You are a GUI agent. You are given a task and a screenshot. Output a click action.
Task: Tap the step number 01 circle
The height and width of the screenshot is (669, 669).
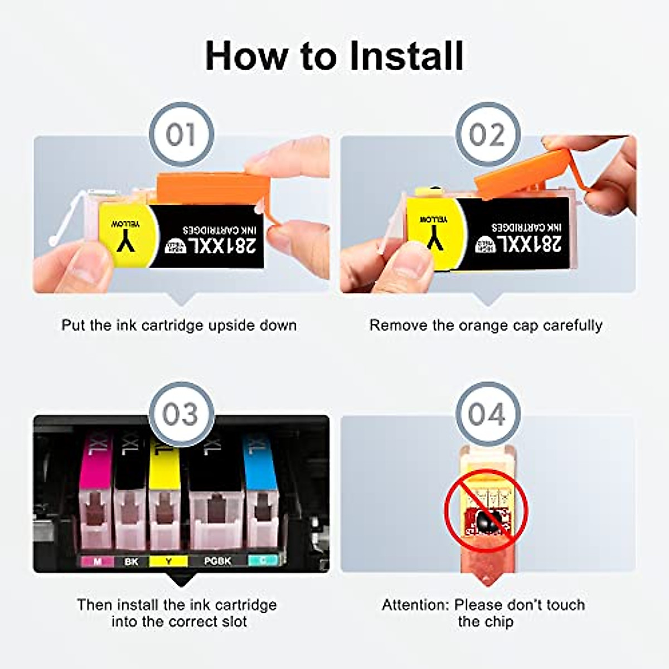pyautogui.click(x=181, y=134)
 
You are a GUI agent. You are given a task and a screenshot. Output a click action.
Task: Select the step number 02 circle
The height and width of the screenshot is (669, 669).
pyautogui.click(x=487, y=134)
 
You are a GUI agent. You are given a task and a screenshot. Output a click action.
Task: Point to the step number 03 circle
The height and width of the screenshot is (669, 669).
pyautogui.click(x=181, y=414)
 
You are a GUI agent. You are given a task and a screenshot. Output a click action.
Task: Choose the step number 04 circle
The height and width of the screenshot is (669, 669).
pyautogui.click(x=487, y=414)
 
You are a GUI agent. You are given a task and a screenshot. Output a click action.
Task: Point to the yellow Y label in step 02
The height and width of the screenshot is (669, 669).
pyautogui.click(x=435, y=231)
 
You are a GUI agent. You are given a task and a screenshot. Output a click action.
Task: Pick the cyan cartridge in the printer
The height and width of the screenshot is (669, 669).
pyautogui.click(x=261, y=491)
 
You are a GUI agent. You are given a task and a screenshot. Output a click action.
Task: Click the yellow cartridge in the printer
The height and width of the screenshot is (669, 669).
pyautogui.click(x=164, y=491)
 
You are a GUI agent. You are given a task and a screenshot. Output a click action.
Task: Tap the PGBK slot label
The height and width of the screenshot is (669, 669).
pyautogui.click(x=217, y=561)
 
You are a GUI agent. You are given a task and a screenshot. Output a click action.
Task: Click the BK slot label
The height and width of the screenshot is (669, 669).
pyautogui.click(x=131, y=561)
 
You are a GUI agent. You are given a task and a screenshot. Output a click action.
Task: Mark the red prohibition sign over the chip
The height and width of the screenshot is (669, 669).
pyautogui.click(x=486, y=510)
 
